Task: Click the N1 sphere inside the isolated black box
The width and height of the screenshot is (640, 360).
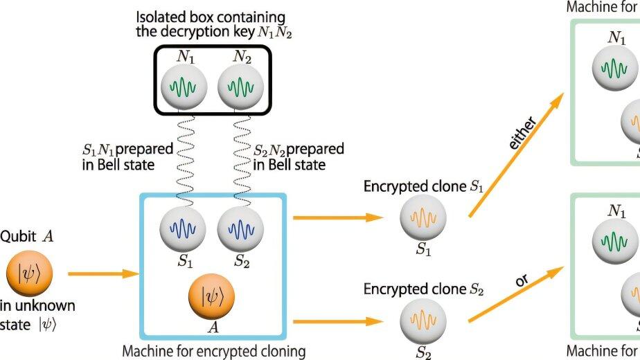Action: pos(184,88)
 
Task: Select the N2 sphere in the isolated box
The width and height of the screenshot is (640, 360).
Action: pos(240,88)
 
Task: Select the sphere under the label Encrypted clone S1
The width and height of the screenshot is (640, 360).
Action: pos(423,217)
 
